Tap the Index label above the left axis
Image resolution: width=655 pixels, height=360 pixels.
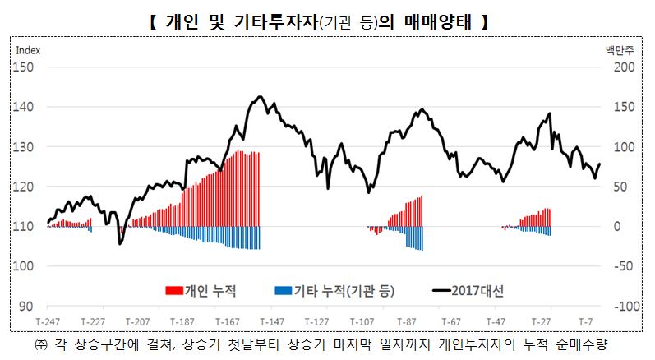pyautogui.click(x=29, y=49)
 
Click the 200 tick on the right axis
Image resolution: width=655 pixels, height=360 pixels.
pyautogui.click(x=625, y=67)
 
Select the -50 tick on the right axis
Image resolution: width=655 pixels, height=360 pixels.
pyautogui.click(x=625, y=266)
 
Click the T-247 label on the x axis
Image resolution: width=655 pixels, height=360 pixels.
pyautogui.click(x=48, y=320)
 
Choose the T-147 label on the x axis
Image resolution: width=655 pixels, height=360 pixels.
pyautogui.click(x=271, y=320)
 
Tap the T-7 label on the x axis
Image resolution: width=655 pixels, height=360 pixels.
pyautogui.click(x=586, y=320)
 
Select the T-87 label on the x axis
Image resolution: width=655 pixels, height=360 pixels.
pyautogui.click(x=406, y=320)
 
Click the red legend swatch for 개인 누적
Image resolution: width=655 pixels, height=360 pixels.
pyautogui.click(x=174, y=290)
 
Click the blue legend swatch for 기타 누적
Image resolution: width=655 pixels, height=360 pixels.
pyautogui.click(x=284, y=290)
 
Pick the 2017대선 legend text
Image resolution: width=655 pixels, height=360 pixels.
pyautogui.click(x=477, y=290)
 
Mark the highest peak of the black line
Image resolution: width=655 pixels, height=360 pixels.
pyautogui.click(x=260, y=97)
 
